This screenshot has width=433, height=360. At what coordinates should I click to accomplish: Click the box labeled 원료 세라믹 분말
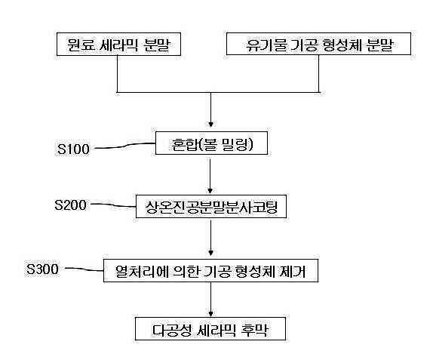click(x=118, y=45)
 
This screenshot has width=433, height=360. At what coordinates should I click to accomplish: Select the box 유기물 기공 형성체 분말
click(x=318, y=44)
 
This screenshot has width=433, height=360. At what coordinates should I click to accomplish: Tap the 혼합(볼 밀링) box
click(x=211, y=143)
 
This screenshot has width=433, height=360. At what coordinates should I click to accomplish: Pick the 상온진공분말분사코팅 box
click(x=211, y=206)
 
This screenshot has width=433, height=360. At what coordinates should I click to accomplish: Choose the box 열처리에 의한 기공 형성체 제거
click(x=210, y=270)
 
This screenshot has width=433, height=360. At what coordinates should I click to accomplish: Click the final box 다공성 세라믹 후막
click(x=210, y=329)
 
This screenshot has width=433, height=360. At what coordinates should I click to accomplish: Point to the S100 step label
click(x=73, y=149)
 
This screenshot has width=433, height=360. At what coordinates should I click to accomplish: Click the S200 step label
click(x=70, y=205)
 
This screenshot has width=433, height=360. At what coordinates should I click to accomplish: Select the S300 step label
click(x=42, y=269)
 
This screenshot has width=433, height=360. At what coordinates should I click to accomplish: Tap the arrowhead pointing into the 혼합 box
click(x=211, y=125)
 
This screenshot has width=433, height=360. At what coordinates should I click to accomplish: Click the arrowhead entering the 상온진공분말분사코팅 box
click(x=210, y=191)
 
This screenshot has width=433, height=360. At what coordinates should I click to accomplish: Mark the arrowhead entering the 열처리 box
click(x=211, y=253)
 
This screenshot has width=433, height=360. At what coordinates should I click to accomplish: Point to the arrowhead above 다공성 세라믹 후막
click(x=211, y=314)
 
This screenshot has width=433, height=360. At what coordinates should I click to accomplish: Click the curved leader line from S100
click(x=124, y=146)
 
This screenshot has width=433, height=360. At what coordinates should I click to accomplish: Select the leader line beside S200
click(x=113, y=205)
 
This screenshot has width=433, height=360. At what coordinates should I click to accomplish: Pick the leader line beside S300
click(x=84, y=269)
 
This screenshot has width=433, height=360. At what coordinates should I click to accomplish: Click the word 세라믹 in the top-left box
click(x=118, y=45)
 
